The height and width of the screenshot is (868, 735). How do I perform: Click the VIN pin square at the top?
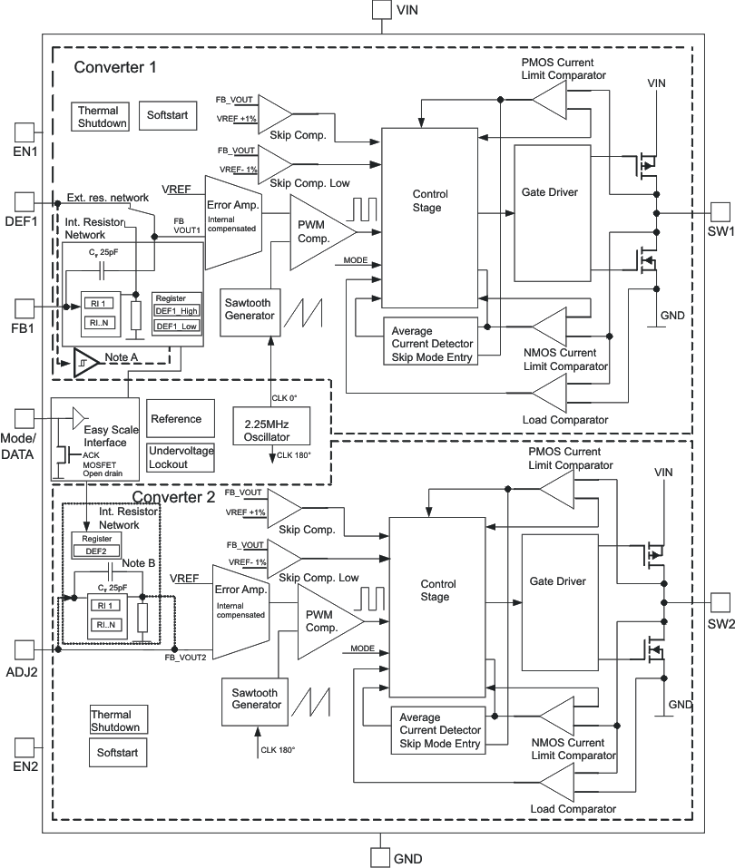click(381, 10)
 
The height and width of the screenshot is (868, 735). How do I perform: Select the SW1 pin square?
click(720, 211)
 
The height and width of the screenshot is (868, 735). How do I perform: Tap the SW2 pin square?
click(720, 602)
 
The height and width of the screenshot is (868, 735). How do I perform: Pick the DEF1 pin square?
click(24, 200)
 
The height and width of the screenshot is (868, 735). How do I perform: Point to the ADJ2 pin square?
click(24, 649)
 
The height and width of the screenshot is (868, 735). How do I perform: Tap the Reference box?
click(181, 419)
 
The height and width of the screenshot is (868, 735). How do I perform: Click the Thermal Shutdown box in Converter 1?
click(101, 117)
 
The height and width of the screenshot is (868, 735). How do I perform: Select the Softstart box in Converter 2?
click(116, 752)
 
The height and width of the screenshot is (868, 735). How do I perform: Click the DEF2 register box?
click(95, 550)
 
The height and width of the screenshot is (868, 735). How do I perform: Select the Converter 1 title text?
click(115, 67)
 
